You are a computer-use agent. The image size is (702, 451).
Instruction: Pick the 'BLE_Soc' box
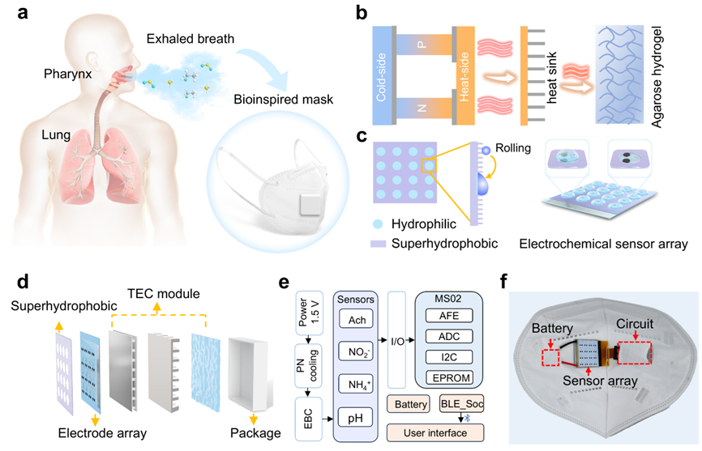[x=460, y=402]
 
